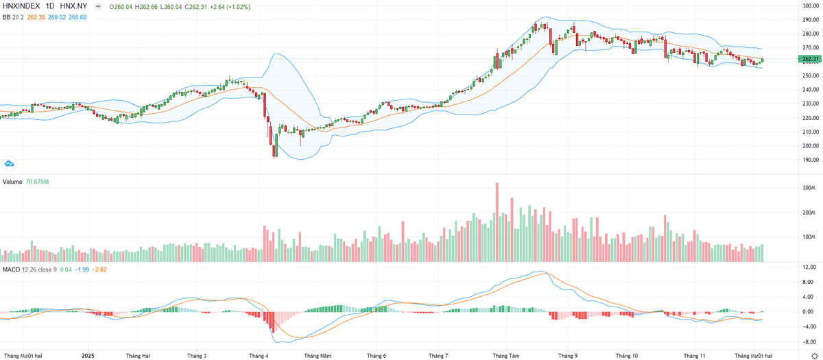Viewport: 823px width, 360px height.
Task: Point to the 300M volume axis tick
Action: click(x=809, y=187)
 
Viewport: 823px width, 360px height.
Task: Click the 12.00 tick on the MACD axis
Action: click(x=809, y=267)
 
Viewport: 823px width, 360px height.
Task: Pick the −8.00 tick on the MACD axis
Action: click(x=809, y=341)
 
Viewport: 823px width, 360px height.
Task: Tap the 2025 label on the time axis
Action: click(x=87, y=355)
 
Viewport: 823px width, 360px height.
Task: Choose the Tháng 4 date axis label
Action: click(x=259, y=355)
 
